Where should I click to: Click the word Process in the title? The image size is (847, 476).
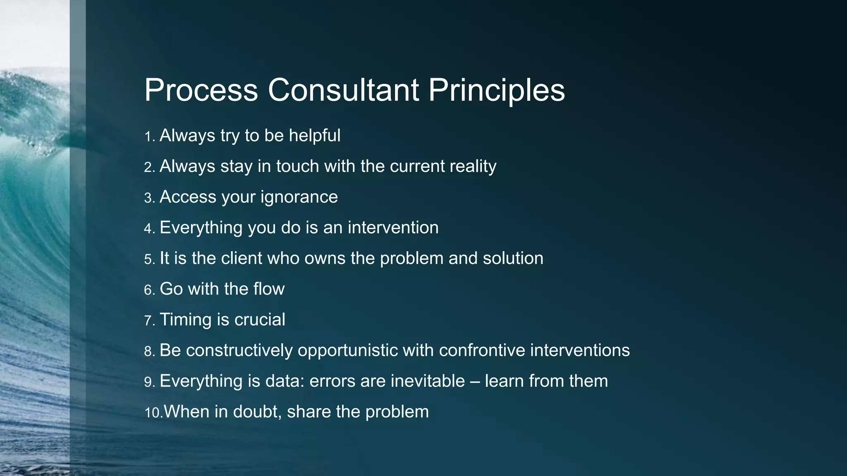[201, 90]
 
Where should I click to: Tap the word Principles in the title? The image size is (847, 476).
[496, 90]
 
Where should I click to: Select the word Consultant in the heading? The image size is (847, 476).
[343, 90]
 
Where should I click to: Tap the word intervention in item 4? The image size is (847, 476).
[393, 228]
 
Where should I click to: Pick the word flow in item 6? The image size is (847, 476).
[269, 289]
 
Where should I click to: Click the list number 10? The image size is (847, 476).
[153, 412]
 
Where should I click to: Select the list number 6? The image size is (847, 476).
[149, 290]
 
